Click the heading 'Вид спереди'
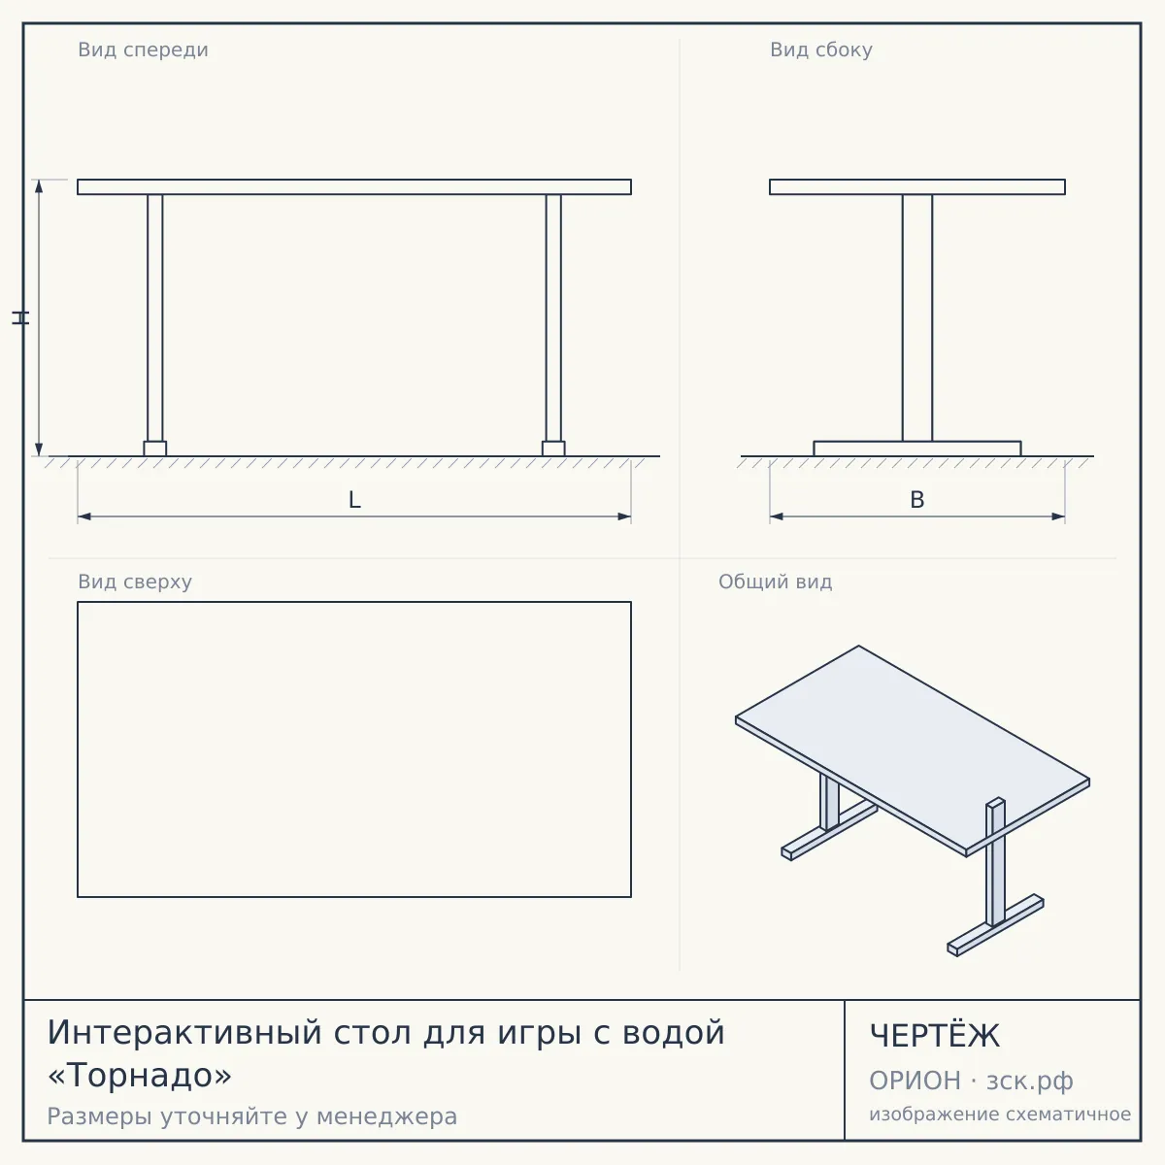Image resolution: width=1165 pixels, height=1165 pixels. pyautogui.click(x=144, y=50)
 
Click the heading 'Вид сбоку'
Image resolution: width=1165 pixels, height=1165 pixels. pyautogui.click(x=821, y=50)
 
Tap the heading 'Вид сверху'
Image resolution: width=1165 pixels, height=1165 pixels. pyautogui.click(x=135, y=582)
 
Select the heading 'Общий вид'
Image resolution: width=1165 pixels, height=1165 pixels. pyautogui.click(x=775, y=582)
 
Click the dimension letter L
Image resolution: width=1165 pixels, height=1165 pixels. pyautogui.click(x=355, y=500)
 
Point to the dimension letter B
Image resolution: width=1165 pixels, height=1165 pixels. pyautogui.click(x=917, y=500)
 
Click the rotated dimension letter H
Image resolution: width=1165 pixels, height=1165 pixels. pyautogui.click(x=20, y=318)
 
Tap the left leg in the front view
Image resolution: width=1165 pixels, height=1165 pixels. pyautogui.click(x=154, y=318)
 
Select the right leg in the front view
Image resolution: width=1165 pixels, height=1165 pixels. pyautogui.click(x=553, y=318)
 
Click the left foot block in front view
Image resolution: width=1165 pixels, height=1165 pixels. pyautogui.click(x=154, y=449)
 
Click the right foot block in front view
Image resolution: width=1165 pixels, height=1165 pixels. pyautogui.click(x=553, y=449)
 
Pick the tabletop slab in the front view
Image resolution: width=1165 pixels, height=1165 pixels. pyautogui.click(x=354, y=186)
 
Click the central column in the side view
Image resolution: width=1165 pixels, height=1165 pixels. pyautogui.click(x=917, y=318)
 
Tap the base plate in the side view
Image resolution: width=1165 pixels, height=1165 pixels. pyautogui.click(x=917, y=449)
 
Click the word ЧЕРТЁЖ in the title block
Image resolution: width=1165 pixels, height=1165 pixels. pyautogui.click(x=935, y=1036)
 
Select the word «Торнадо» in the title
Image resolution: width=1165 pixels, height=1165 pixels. pyautogui.click(x=140, y=1075)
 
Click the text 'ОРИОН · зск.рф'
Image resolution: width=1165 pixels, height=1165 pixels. pyautogui.click(x=971, y=1081)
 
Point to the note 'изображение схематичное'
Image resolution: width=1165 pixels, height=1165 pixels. pyautogui.click(x=1000, y=1114)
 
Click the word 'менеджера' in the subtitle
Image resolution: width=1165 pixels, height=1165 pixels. pyautogui.click(x=387, y=1117)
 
